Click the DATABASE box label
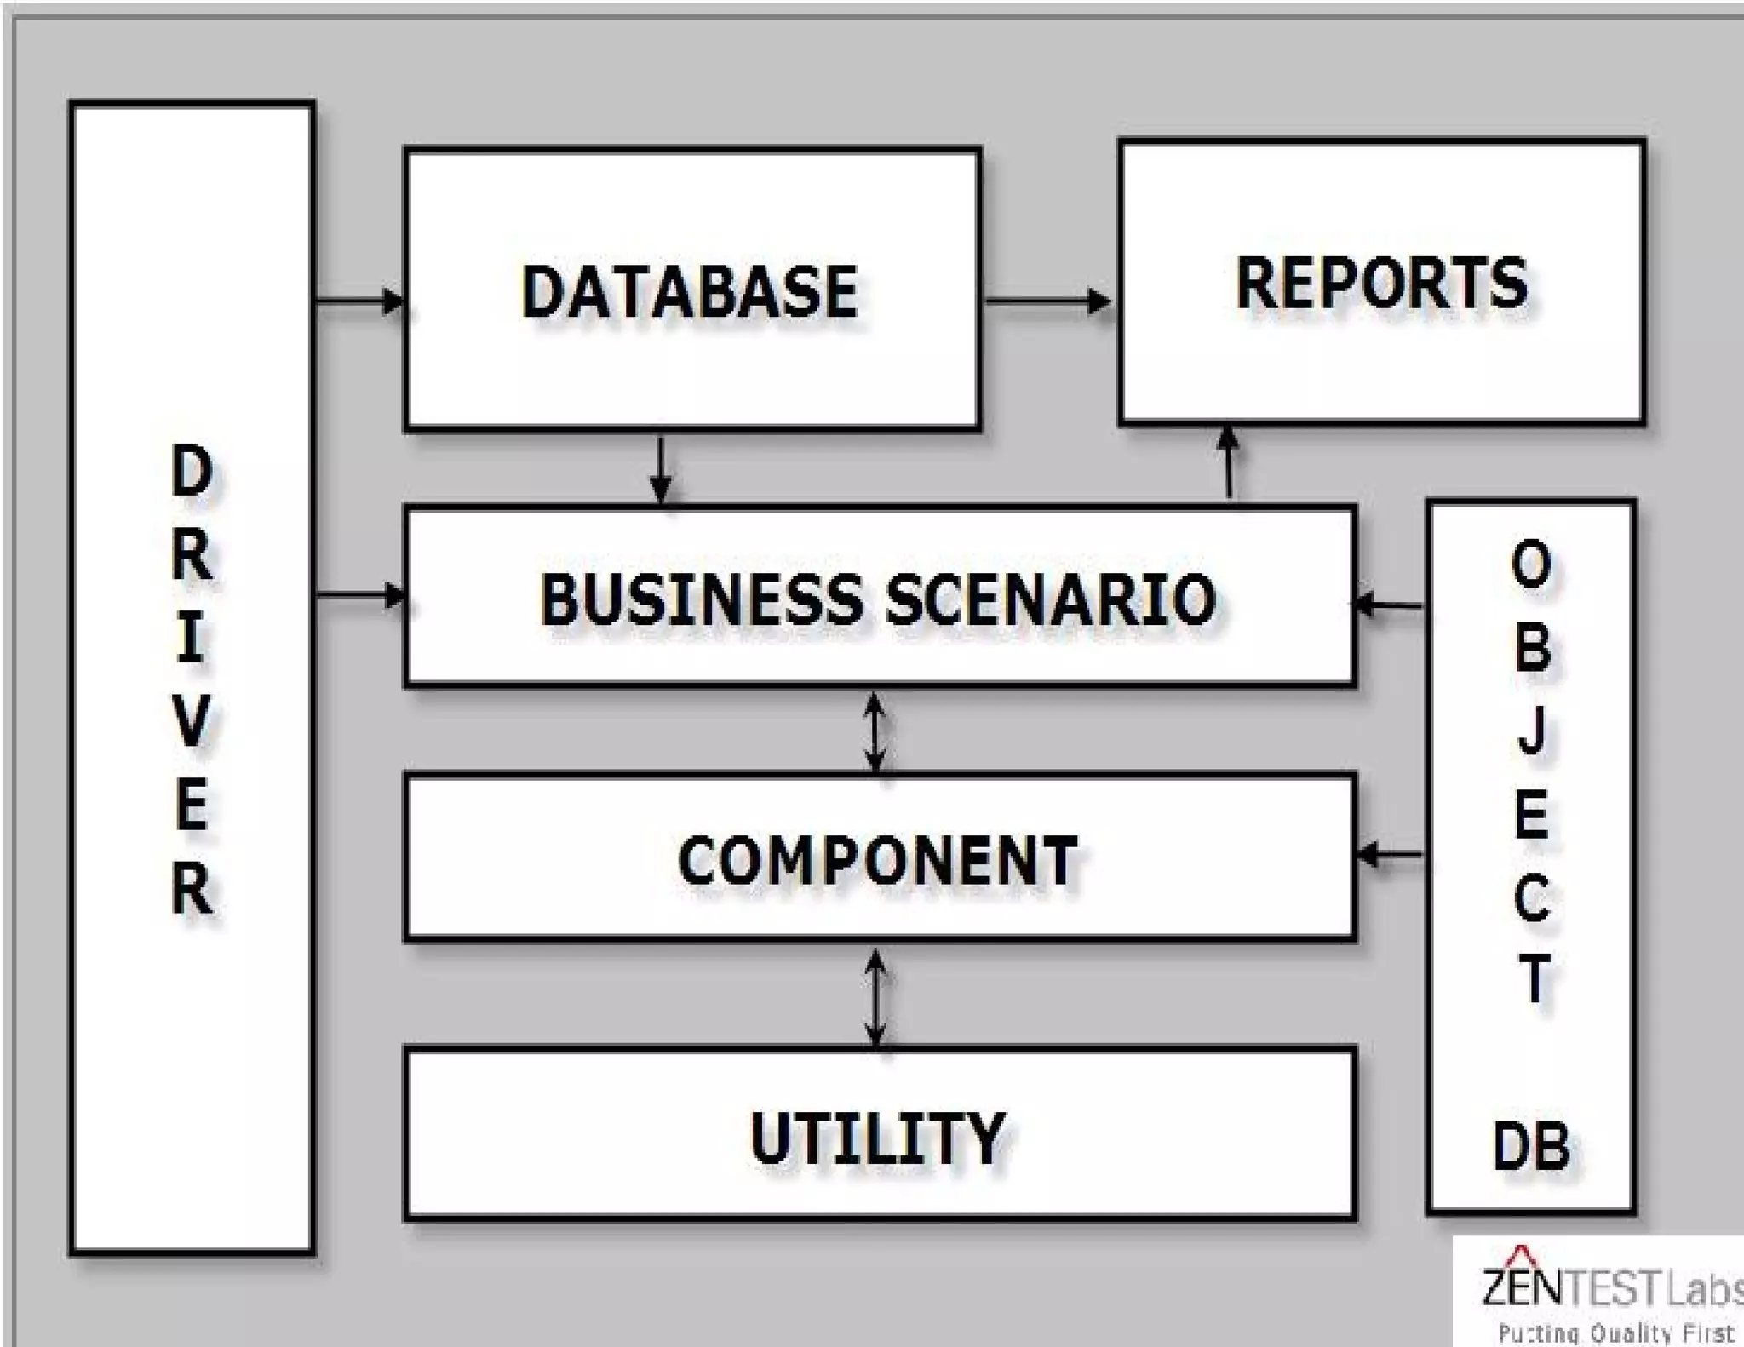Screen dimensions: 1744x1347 [690, 291]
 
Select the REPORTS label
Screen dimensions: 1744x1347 [1381, 283]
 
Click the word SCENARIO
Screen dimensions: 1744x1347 [1051, 599]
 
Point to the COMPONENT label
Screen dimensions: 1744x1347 [878, 860]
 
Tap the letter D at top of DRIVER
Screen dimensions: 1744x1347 [192, 471]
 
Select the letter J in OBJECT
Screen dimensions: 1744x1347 [1532, 732]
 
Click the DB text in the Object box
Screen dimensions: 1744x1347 [1531, 1146]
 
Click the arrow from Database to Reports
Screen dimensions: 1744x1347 [1048, 301]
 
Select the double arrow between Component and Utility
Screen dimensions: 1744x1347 [875, 996]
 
